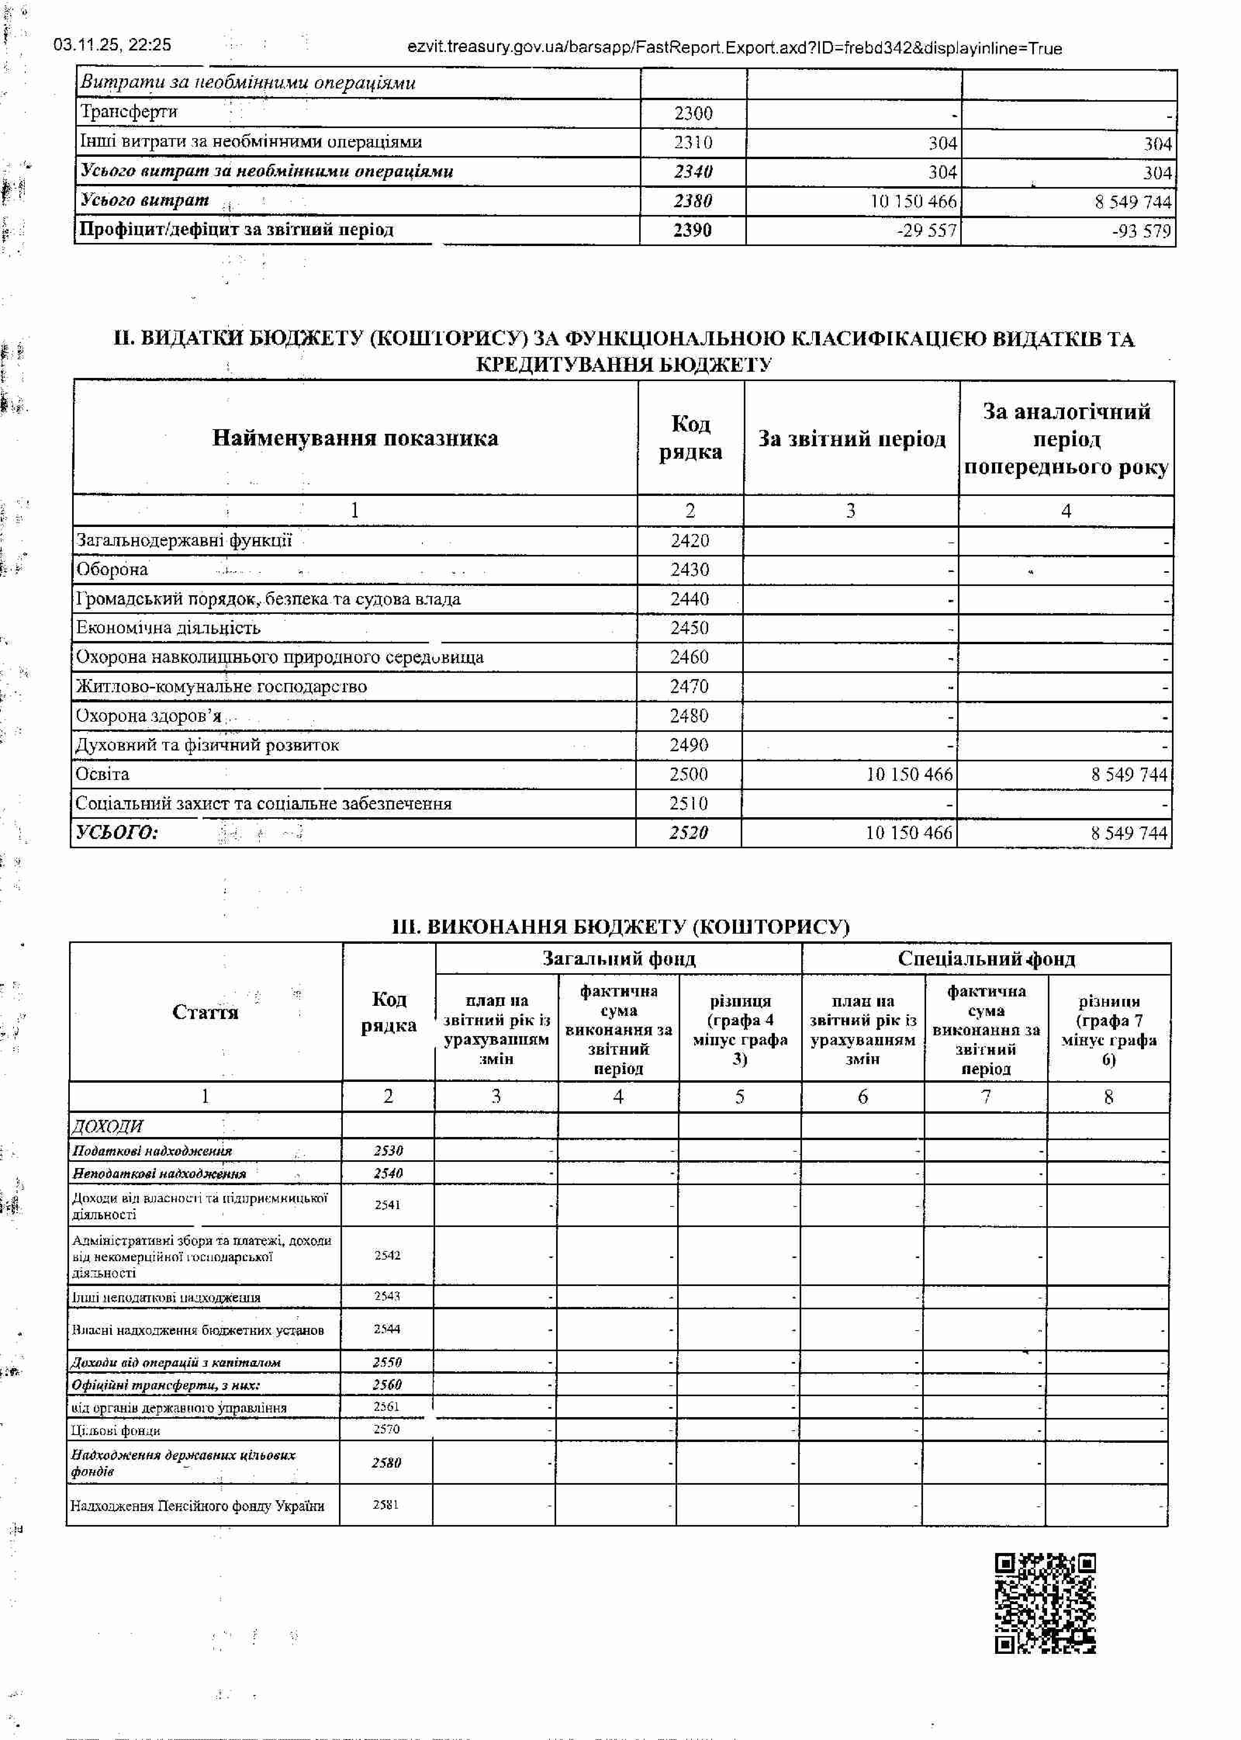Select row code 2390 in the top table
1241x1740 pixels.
(x=692, y=230)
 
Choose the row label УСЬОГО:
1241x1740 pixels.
(x=117, y=832)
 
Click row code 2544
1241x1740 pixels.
(x=387, y=1329)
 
